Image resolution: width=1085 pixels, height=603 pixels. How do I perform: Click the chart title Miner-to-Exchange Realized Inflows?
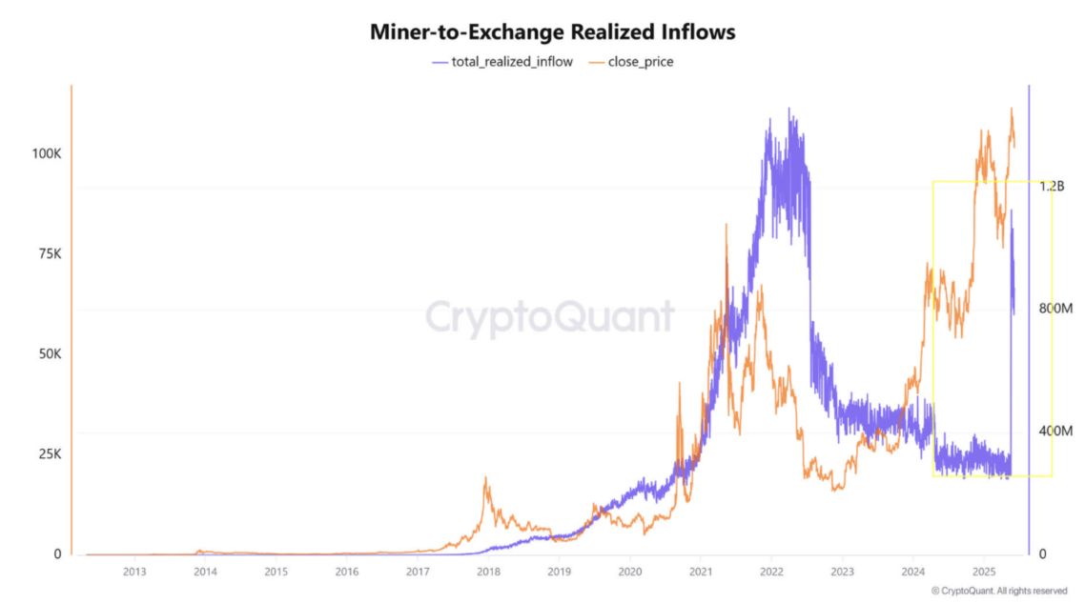pos(552,31)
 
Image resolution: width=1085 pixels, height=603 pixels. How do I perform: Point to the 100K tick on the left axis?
pos(46,153)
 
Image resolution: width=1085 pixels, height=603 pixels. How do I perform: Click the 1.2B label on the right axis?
pos(1052,186)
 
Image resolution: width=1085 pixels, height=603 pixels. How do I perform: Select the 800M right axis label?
pos(1054,309)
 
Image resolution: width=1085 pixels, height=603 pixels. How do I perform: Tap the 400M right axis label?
pos(1054,432)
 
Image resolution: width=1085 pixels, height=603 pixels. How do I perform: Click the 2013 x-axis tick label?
pos(134,572)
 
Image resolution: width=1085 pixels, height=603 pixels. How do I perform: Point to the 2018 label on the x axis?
pos(488,572)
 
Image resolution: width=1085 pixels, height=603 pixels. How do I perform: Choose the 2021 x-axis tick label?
pos(701,572)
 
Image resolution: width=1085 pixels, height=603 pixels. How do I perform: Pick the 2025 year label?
pos(984,572)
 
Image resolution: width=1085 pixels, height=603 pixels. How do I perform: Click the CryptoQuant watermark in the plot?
pos(549,317)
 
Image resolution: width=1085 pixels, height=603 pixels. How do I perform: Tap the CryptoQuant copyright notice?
pos(1000,591)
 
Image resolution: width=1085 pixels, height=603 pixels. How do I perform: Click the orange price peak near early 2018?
pos(486,479)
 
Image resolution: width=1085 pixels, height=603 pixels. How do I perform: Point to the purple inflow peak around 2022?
pos(788,110)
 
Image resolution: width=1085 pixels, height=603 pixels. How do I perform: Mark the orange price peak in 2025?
pos(1012,109)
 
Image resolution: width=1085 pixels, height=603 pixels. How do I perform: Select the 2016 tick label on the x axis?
pos(347,572)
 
